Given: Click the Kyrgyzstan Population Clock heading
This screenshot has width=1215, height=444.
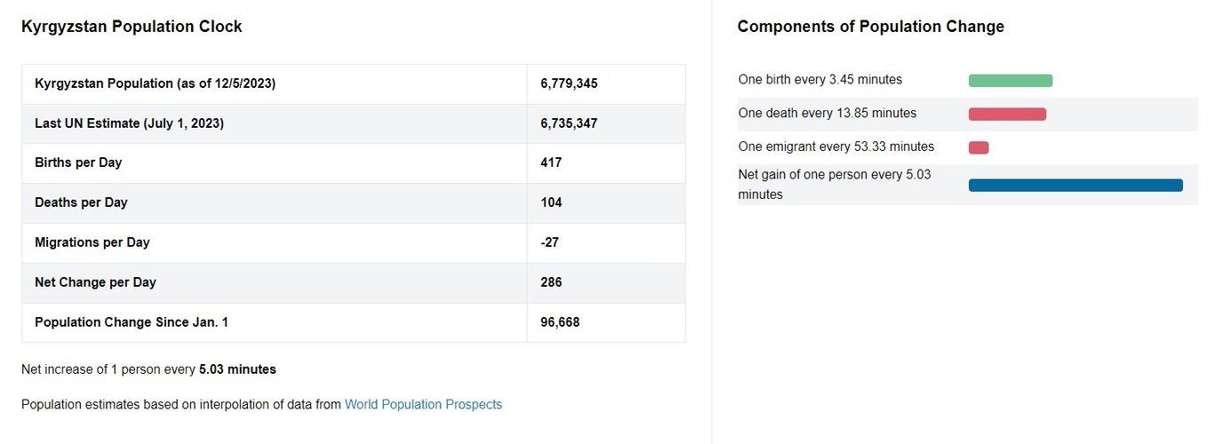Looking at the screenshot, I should pyautogui.click(x=132, y=27).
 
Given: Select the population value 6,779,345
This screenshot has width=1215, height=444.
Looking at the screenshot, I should pyautogui.click(x=569, y=83).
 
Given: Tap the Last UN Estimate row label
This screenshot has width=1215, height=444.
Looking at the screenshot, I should pyautogui.click(x=129, y=123).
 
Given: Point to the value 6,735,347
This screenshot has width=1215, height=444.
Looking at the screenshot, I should pyautogui.click(x=569, y=123).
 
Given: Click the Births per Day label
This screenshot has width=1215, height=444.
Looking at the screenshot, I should pyautogui.click(x=78, y=163).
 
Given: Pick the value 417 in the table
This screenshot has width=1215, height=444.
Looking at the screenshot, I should pyautogui.click(x=551, y=163).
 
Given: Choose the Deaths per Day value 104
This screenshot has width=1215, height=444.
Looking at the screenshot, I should pyautogui.click(x=551, y=202).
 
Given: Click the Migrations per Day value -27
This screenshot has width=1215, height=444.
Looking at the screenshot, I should pyautogui.click(x=549, y=242).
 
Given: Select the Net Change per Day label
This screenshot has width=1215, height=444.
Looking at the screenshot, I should pyautogui.click(x=95, y=282).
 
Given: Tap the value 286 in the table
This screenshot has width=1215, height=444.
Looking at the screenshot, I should pyautogui.click(x=551, y=282).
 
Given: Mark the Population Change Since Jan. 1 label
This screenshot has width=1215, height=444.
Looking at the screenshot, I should pyautogui.click(x=132, y=322).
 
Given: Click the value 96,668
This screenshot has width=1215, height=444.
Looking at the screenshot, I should pyautogui.click(x=560, y=322).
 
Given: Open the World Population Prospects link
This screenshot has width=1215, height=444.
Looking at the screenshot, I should pyautogui.click(x=423, y=405).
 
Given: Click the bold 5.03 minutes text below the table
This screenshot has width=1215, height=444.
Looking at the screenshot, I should pyautogui.click(x=237, y=369).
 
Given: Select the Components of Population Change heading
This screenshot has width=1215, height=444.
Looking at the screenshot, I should pyautogui.click(x=871, y=27).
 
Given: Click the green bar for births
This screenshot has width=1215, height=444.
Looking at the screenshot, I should pyautogui.click(x=1011, y=81).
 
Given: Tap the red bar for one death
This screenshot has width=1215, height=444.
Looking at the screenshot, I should pyautogui.click(x=1007, y=114).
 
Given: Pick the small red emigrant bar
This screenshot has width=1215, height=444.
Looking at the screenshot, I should pyautogui.click(x=979, y=147).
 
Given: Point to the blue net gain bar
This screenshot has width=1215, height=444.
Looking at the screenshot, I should pyautogui.click(x=1075, y=185).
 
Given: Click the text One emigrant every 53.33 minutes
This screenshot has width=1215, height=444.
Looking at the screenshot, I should pyautogui.click(x=836, y=147).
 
